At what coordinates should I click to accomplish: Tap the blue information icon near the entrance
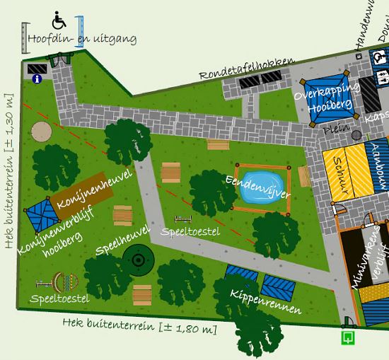[36, 80]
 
